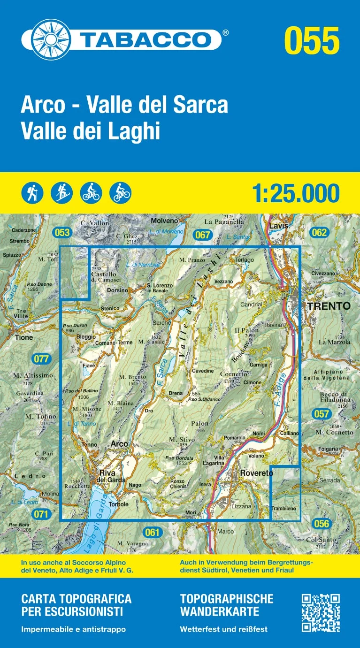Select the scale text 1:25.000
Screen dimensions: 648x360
[x=295, y=193]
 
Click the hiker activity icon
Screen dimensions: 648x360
[x=32, y=192]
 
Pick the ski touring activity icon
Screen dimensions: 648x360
[x=62, y=192]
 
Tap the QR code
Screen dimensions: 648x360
[x=321, y=612]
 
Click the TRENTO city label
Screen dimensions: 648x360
[x=329, y=306]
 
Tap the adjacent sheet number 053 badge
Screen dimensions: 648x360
[x=61, y=232]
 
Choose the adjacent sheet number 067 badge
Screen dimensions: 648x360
[x=202, y=235]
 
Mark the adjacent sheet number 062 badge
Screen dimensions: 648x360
[x=319, y=232]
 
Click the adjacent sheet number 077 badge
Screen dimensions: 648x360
[x=42, y=359]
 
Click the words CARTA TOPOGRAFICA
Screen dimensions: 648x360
[x=76, y=599]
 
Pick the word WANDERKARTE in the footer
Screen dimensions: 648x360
[x=219, y=611]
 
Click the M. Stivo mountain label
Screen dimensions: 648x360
[x=179, y=439]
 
